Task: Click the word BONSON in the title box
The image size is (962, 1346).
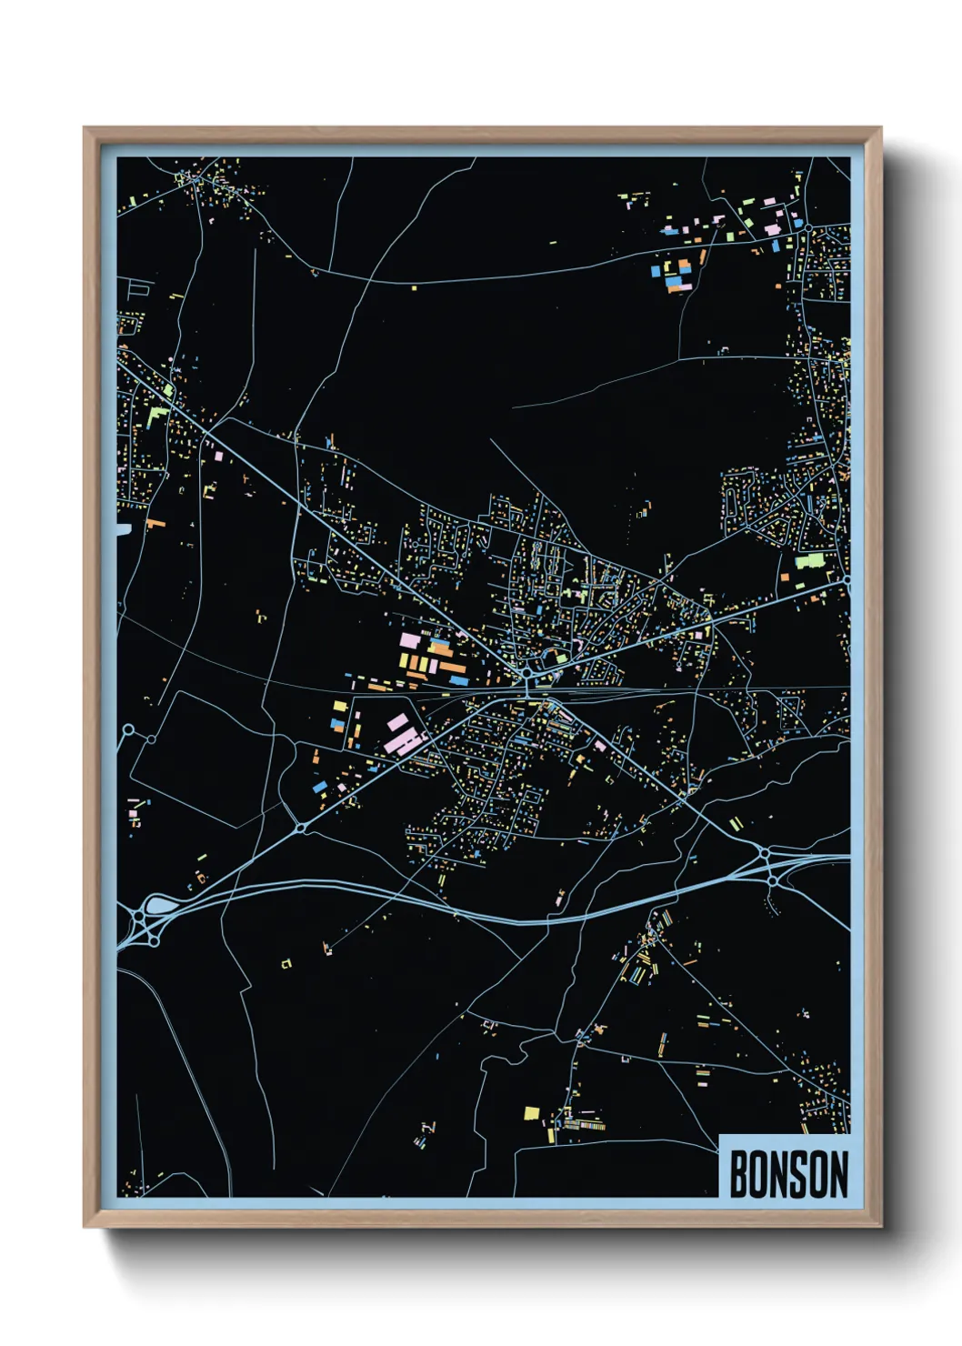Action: [787, 1174]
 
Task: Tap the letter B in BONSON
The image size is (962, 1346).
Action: [738, 1174]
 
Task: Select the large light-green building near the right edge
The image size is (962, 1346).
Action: [809, 560]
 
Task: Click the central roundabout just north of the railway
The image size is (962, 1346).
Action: [526, 673]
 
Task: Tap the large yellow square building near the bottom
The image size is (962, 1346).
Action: [532, 1112]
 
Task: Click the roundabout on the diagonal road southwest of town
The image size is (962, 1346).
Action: [300, 828]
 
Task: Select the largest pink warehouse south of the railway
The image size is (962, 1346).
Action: [404, 741]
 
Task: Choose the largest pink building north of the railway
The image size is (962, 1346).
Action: [408, 640]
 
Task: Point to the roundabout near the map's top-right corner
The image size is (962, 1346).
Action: [807, 226]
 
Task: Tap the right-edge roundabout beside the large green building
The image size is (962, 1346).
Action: [845, 579]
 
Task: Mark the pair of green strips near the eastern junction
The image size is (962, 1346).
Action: [736, 824]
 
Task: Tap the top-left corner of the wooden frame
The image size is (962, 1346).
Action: [85, 128]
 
